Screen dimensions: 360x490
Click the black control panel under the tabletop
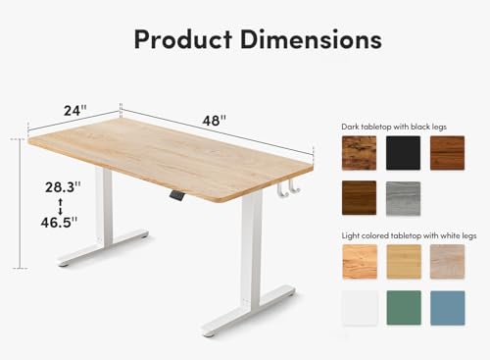coord(176,196)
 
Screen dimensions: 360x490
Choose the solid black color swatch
coord(403,152)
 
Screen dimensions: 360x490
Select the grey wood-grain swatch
coord(403,198)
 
